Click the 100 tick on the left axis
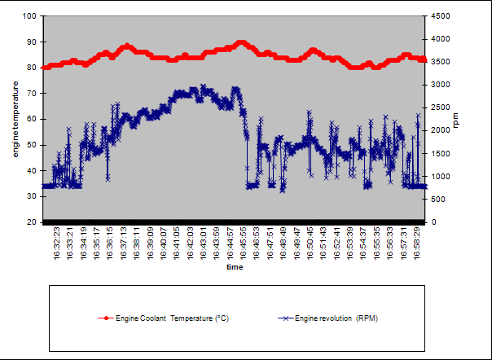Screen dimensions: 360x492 (x=29, y=15)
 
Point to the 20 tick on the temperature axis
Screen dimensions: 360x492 (x=32, y=222)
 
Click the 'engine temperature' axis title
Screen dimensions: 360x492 (x=16, y=119)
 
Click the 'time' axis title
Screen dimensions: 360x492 (x=235, y=266)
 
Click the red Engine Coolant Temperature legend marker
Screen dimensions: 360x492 (x=104, y=318)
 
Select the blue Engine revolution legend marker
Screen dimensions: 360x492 (x=284, y=318)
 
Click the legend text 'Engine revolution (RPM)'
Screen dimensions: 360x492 (x=336, y=318)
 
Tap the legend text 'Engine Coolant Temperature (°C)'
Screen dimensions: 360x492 (x=172, y=318)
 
